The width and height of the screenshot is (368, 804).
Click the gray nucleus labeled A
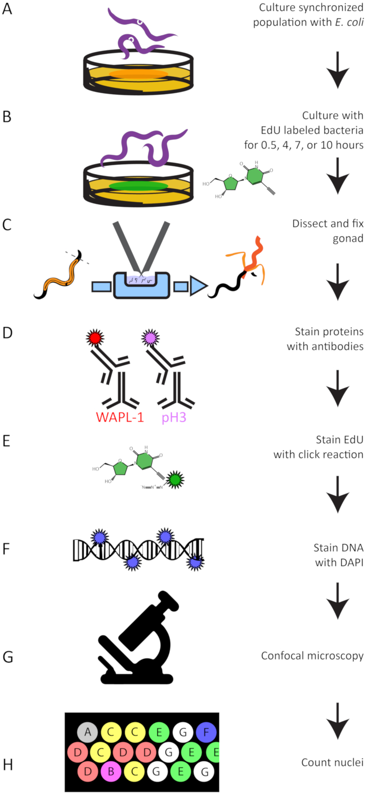[x=87, y=732]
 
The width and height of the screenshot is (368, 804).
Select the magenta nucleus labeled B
[x=111, y=771]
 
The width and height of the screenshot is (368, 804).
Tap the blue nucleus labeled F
[x=206, y=732]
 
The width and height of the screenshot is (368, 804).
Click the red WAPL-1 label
[x=120, y=417]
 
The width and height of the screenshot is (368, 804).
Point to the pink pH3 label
[x=174, y=418]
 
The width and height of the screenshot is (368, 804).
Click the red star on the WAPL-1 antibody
[x=95, y=338]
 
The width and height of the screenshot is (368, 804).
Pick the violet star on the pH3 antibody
[x=150, y=338]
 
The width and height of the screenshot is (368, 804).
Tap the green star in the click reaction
[x=176, y=480]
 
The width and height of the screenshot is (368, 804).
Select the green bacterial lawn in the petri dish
[x=138, y=186]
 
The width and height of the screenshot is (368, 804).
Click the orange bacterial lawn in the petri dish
[x=138, y=74]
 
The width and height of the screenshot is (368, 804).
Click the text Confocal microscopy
[x=312, y=656]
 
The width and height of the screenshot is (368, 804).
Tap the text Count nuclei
[x=332, y=762]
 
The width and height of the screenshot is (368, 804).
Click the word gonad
[x=348, y=239]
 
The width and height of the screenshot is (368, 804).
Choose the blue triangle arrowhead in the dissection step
[x=199, y=286]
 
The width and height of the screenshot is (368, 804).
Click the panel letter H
[x=8, y=765]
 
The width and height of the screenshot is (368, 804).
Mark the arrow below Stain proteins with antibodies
[x=338, y=389]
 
